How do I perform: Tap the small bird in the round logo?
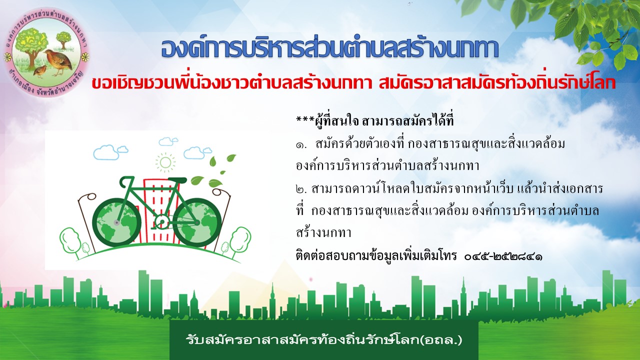coord(39,71)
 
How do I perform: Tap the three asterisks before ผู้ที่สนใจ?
coord(305,118)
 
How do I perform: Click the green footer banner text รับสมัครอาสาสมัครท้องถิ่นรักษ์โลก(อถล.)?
coord(324,340)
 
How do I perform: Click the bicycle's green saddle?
coord(177,180)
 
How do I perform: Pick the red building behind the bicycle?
coord(161,211)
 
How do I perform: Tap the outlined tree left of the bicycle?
coord(70,241)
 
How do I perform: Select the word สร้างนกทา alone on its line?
coord(323,233)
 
